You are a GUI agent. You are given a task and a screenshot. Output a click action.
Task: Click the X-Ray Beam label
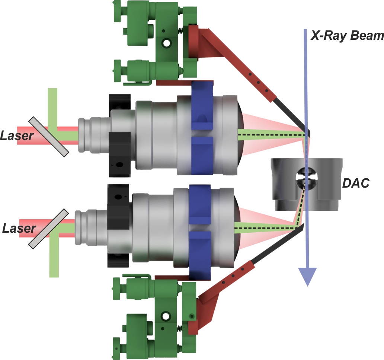[x=347, y=36]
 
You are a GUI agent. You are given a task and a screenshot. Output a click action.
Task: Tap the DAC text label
[x=356, y=183]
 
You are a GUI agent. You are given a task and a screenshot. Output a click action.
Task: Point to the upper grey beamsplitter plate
[x=49, y=136]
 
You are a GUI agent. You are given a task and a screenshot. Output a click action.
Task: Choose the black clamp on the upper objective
[x=119, y=136]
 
